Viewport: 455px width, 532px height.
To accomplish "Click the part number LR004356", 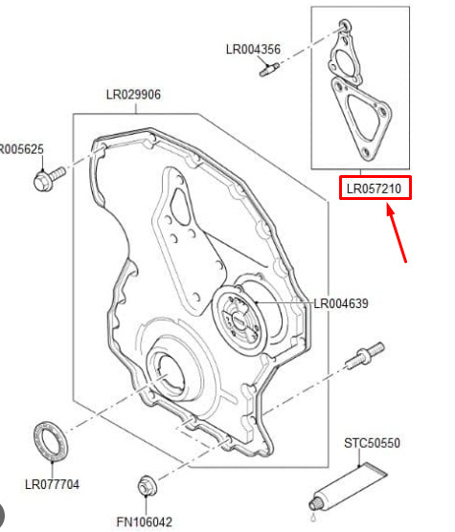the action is pyautogui.click(x=253, y=49).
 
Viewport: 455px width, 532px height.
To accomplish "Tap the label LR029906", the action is pyautogui.click(x=133, y=95).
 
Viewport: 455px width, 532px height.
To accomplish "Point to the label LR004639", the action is pyautogui.click(x=341, y=303).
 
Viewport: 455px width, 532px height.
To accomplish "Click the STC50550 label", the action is pyautogui.click(x=373, y=443).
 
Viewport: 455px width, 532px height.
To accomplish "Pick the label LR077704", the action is pyautogui.click(x=53, y=484).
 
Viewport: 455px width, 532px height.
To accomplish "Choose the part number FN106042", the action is pyautogui.click(x=145, y=521).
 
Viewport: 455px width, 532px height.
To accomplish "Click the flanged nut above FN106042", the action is pyautogui.click(x=148, y=486).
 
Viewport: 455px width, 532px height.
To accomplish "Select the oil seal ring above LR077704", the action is pyautogui.click(x=51, y=441).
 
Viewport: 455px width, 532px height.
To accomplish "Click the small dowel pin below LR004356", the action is pyautogui.click(x=269, y=69).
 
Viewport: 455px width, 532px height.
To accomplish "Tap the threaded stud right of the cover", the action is pyautogui.click(x=365, y=356).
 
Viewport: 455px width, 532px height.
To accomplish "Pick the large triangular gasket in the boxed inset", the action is pyautogui.click(x=361, y=119).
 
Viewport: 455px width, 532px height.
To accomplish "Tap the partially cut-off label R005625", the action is pyautogui.click(x=22, y=149).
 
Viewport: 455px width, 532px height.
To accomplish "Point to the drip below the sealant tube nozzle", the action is pyautogui.click(x=312, y=518).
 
